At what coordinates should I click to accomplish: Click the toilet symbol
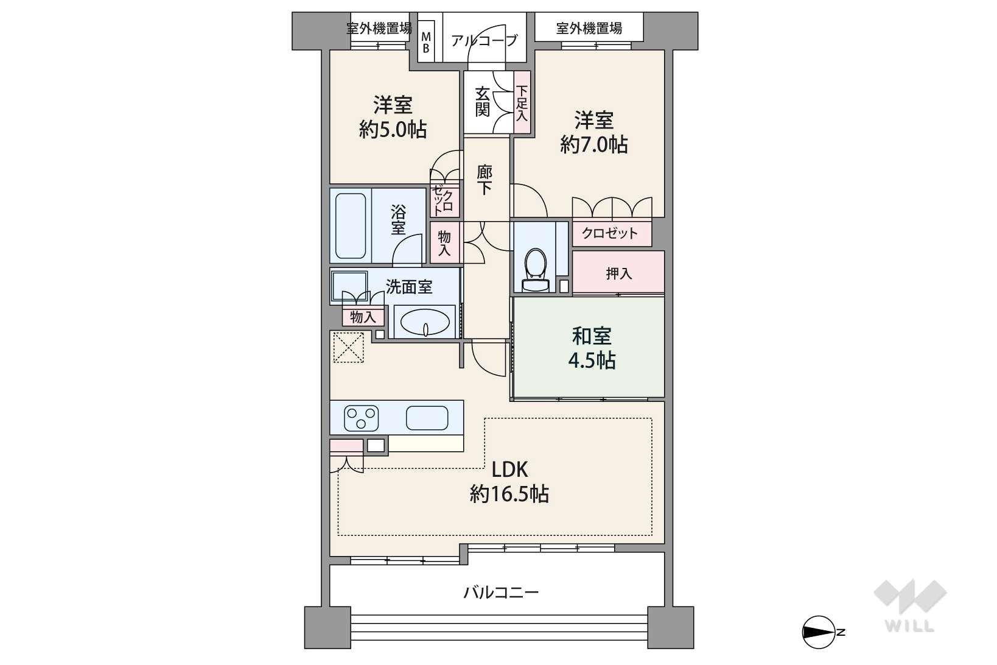[536, 270]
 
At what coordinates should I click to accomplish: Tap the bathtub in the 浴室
[351, 226]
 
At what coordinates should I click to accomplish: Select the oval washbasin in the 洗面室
[425, 322]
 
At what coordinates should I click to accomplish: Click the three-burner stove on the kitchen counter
[362, 418]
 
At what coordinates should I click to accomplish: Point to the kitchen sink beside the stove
[427, 418]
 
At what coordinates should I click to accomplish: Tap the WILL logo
[910, 606]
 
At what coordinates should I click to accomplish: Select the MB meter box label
[426, 43]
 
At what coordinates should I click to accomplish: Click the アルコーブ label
[485, 41]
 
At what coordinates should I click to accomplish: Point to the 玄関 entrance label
[483, 102]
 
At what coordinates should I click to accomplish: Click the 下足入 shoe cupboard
[522, 102]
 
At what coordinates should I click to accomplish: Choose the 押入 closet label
[618, 273]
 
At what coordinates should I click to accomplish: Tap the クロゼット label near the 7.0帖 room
[610, 233]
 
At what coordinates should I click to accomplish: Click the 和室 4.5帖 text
[592, 348]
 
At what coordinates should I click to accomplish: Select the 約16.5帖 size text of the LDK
[509, 494]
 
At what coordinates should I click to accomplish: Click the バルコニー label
[501, 592]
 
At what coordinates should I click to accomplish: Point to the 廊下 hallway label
[485, 180]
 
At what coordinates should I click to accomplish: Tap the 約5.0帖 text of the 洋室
[393, 130]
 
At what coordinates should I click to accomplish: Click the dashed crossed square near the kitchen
[349, 347]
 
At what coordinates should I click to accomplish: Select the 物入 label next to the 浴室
[444, 243]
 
